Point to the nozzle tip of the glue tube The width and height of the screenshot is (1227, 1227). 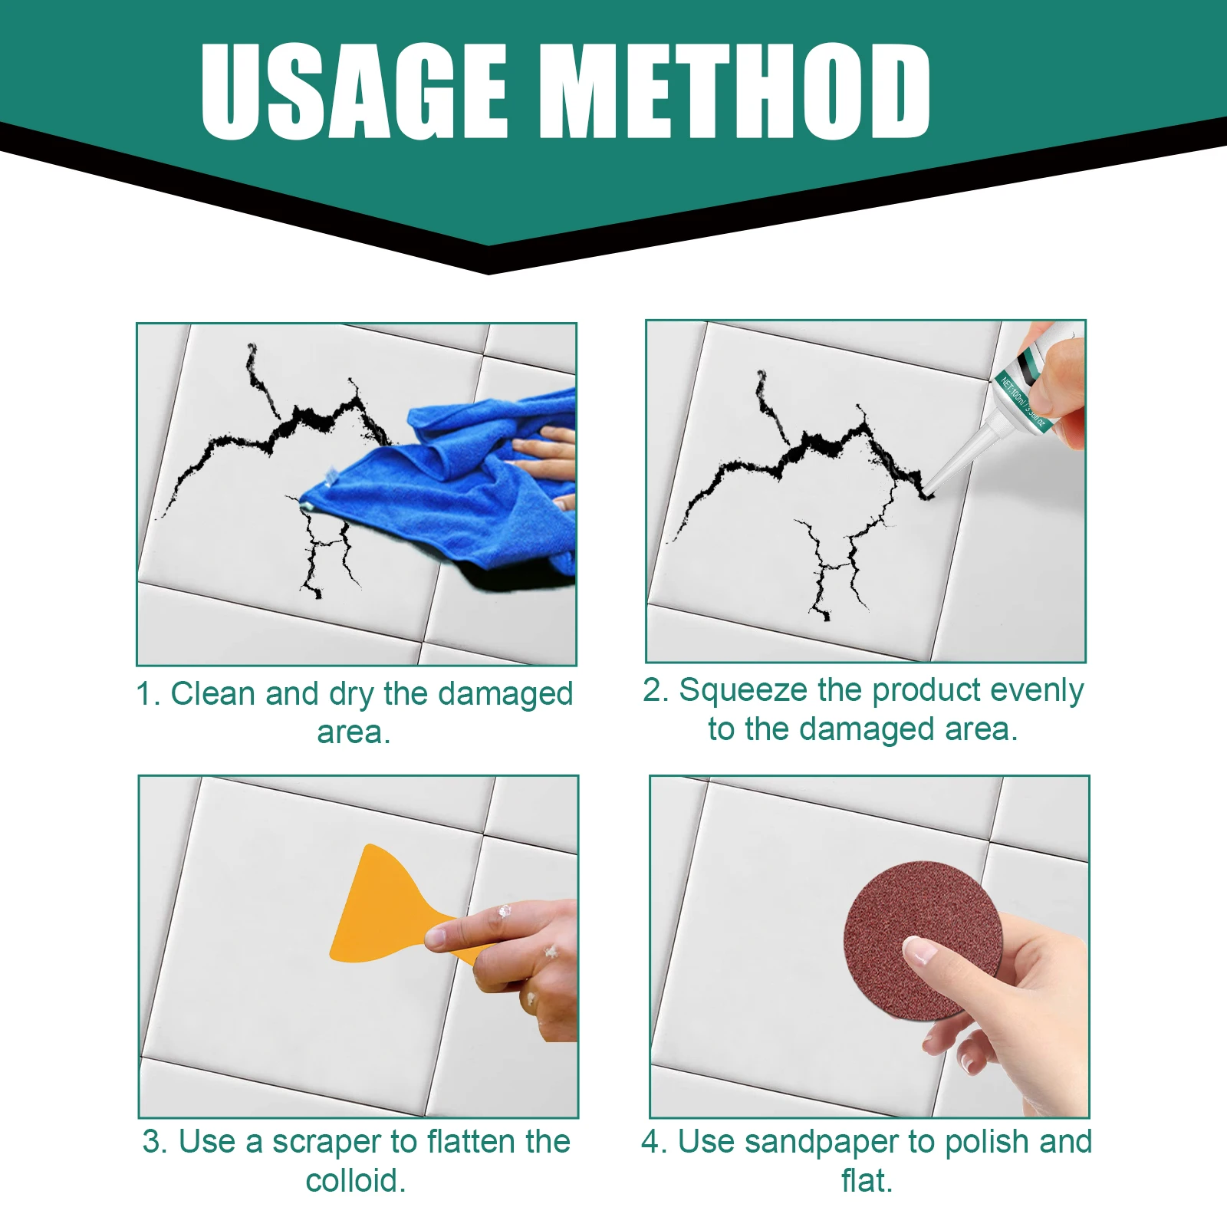point(929,488)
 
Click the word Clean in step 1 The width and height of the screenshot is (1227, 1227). point(212,693)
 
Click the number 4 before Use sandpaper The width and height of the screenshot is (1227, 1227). point(652,1142)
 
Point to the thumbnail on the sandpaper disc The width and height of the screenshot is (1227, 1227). point(920,952)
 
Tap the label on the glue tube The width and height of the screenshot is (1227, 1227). point(1024,395)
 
